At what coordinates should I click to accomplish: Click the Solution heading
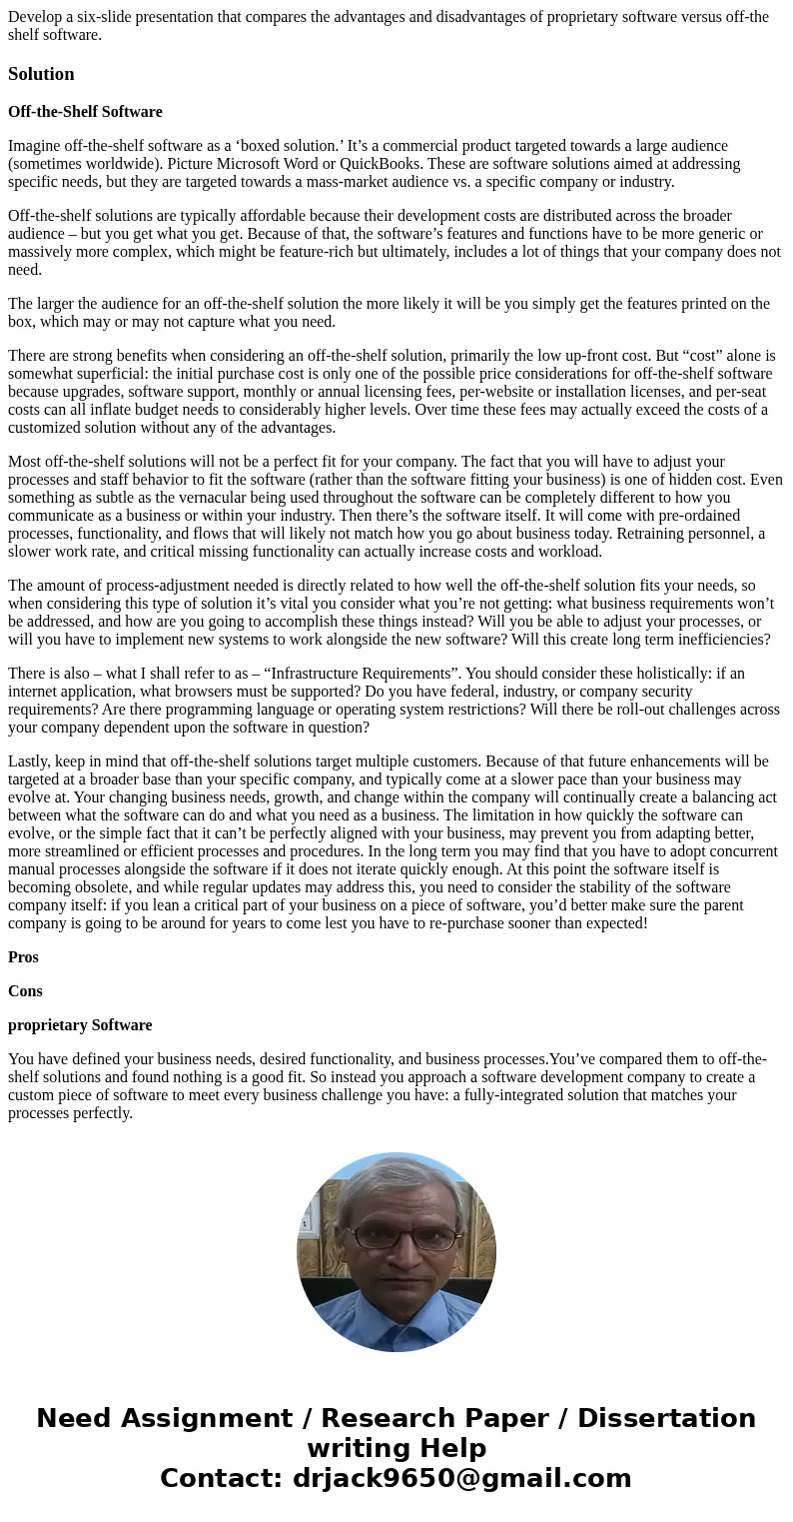click(41, 74)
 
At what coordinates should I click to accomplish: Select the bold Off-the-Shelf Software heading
click(85, 112)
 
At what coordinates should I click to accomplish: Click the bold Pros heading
click(23, 957)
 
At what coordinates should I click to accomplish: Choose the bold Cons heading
click(25, 991)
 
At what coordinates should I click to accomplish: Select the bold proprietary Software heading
click(80, 1025)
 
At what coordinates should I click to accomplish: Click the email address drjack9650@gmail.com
click(461, 1478)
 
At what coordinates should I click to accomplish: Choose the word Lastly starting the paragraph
click(30, 761)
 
